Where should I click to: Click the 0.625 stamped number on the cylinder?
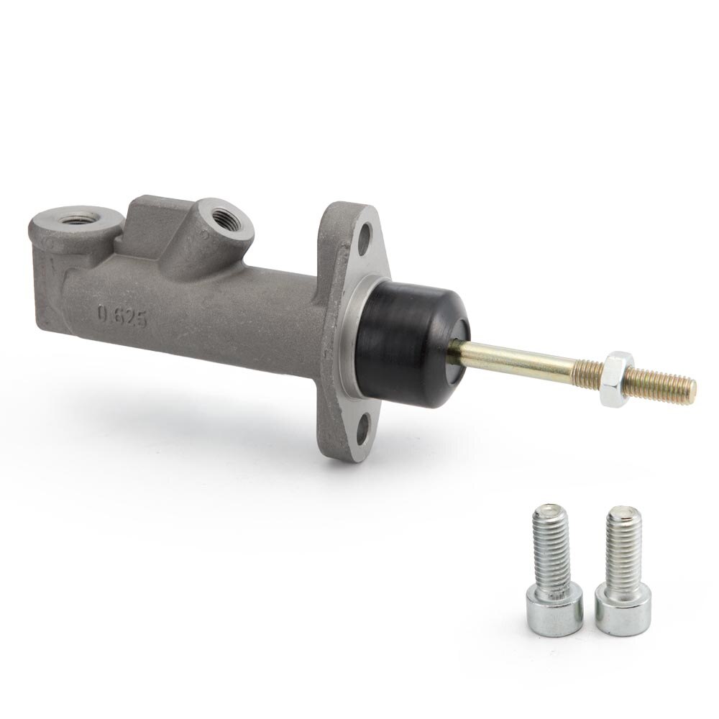(123, 317)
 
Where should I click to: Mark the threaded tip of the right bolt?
(621, 516)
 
